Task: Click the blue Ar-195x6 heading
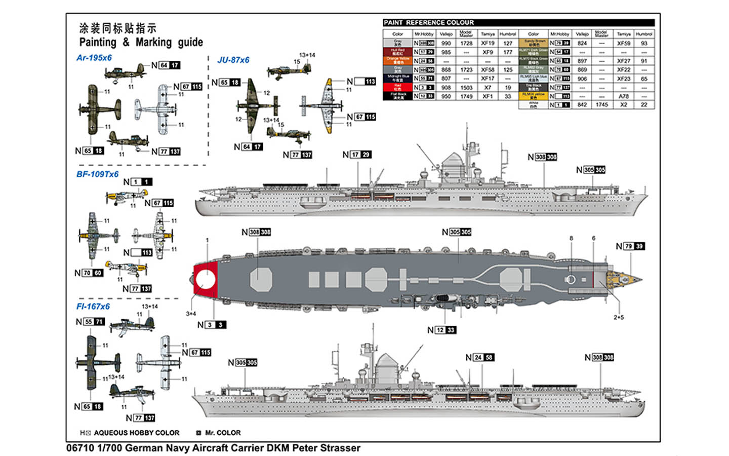pos(94,58)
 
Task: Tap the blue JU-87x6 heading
pos(233,60)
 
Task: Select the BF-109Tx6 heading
pos(97,174)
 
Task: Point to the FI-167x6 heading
pos(93,307)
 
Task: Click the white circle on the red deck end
pos(205,280)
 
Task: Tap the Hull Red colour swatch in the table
pos(397,52)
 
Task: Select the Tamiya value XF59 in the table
pos(623,43)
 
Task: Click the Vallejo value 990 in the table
pos(445,43)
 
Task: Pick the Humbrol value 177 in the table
pos(508,52)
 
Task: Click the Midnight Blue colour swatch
pos(397,78)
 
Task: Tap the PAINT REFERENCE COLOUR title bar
pos(518,22)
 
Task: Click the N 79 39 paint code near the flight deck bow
pos(630,246)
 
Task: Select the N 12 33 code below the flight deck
pos(441,330)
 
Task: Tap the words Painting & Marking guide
pos(141,42)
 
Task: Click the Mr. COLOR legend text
pos(223,433)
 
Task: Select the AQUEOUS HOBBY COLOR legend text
pos(136,433)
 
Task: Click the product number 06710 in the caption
pos(80,448)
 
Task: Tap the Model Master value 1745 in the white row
pos(601,104)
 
